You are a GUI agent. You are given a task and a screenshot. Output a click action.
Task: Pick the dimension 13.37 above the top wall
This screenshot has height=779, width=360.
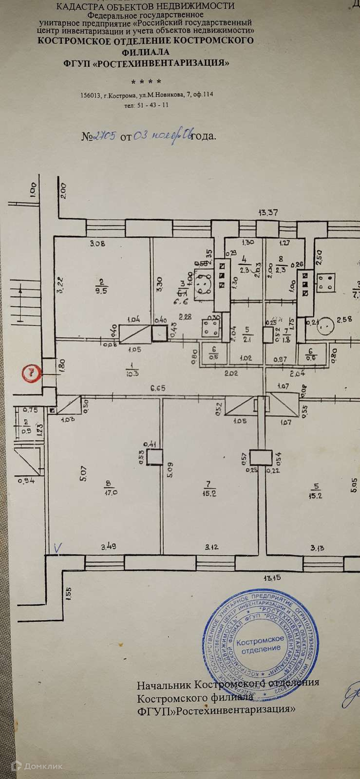click(269, 212)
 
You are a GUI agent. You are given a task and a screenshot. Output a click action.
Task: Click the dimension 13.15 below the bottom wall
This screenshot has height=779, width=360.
click(272, 578)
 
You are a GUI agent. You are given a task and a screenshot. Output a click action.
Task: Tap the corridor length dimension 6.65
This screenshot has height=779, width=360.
click(156, 389)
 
